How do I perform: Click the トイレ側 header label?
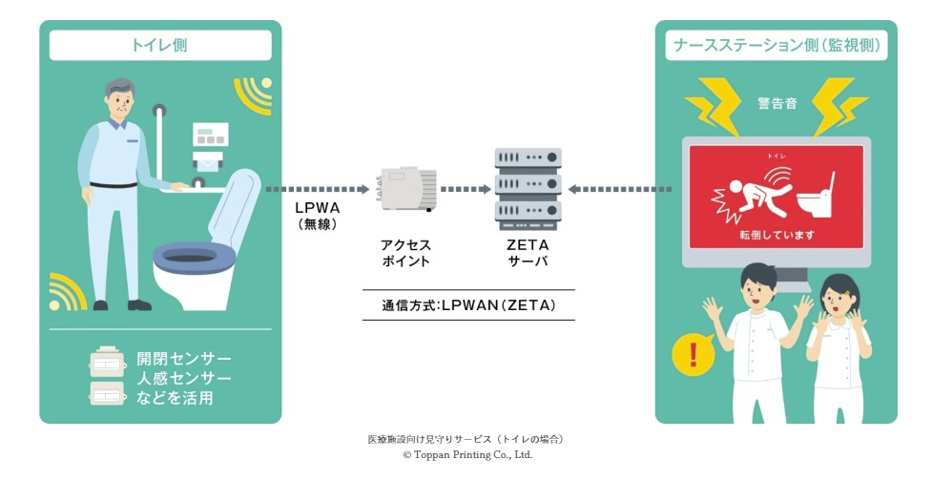[x=160, y=45]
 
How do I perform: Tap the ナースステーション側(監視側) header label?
[x=776, y=45]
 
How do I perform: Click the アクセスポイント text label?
[x=406, y=253]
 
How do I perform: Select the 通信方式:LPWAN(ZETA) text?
[x=468, y=305]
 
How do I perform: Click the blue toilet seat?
[x=195, y=255]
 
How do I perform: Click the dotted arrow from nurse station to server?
[x=620, y=189]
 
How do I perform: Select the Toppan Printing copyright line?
[x=467, y=455]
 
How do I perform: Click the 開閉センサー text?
[x=184, y=357]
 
